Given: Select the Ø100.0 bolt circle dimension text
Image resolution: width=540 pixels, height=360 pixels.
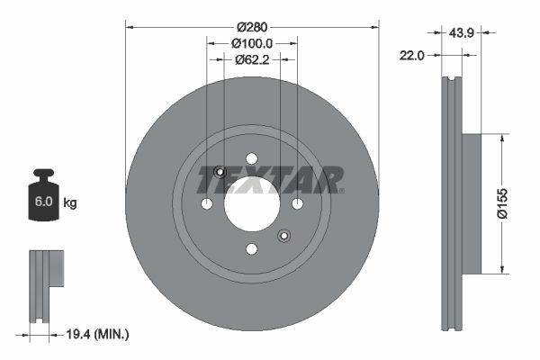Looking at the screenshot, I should click(x=252, y=42).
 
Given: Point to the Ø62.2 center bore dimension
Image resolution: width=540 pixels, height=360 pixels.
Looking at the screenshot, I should click(x=252, y=60).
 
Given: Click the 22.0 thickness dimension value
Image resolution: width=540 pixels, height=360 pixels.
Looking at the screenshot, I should click(x=411, y=56).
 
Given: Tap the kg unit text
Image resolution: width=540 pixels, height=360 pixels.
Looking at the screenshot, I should click(x=69, y=203).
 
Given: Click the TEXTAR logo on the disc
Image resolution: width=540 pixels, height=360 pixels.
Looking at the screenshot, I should click(x=270, y=179).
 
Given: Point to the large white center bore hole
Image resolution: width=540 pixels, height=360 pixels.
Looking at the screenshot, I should click(x=252, y=203).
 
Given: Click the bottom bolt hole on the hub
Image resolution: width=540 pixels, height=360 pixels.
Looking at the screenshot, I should click(x=252, y=248).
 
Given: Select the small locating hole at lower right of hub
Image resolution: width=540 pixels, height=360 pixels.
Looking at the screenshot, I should click(x=283, y=236).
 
